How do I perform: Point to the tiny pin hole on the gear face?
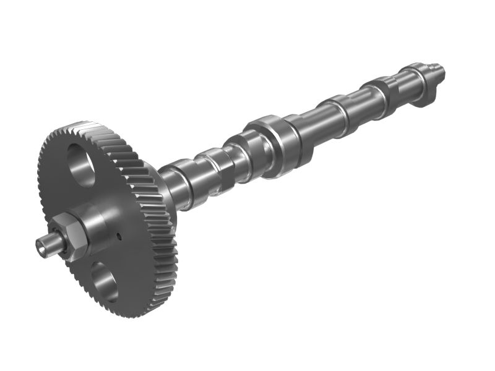coord(118,235)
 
